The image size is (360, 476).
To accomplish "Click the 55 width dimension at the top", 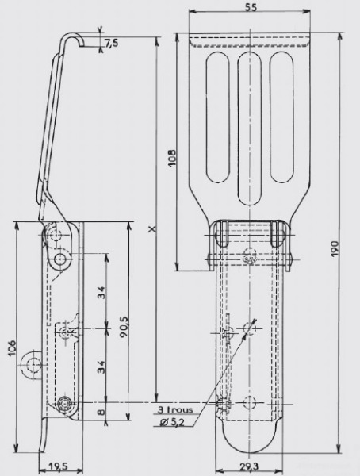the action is [x=251, y=6].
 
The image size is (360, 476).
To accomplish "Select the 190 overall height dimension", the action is [x=334, y=249].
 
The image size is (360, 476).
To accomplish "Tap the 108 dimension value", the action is [x=172, y=157].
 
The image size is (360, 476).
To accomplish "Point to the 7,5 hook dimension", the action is [x=112, y=44].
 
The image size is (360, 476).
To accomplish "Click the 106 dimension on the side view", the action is [x=12, y=348].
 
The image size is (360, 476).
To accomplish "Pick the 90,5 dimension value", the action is [x=124, y=327].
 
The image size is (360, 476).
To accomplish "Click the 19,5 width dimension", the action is [x=58, y=466].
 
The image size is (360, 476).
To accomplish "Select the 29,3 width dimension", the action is [x=249, y=467].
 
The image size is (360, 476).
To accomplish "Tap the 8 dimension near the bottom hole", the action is [x=101, y=412].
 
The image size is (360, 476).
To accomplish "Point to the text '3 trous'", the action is [x=175, y=410].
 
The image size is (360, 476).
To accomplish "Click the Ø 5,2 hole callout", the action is [x=173, y=422].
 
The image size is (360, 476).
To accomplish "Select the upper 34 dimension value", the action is [x=101, y=292].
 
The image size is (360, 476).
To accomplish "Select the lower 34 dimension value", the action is [x=101, y=367].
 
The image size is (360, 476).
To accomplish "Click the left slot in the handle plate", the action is [x=217, y=117].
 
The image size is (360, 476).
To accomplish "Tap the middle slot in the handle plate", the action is [x=250, y=129].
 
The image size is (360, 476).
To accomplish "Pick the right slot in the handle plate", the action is [x=282, y=117].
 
